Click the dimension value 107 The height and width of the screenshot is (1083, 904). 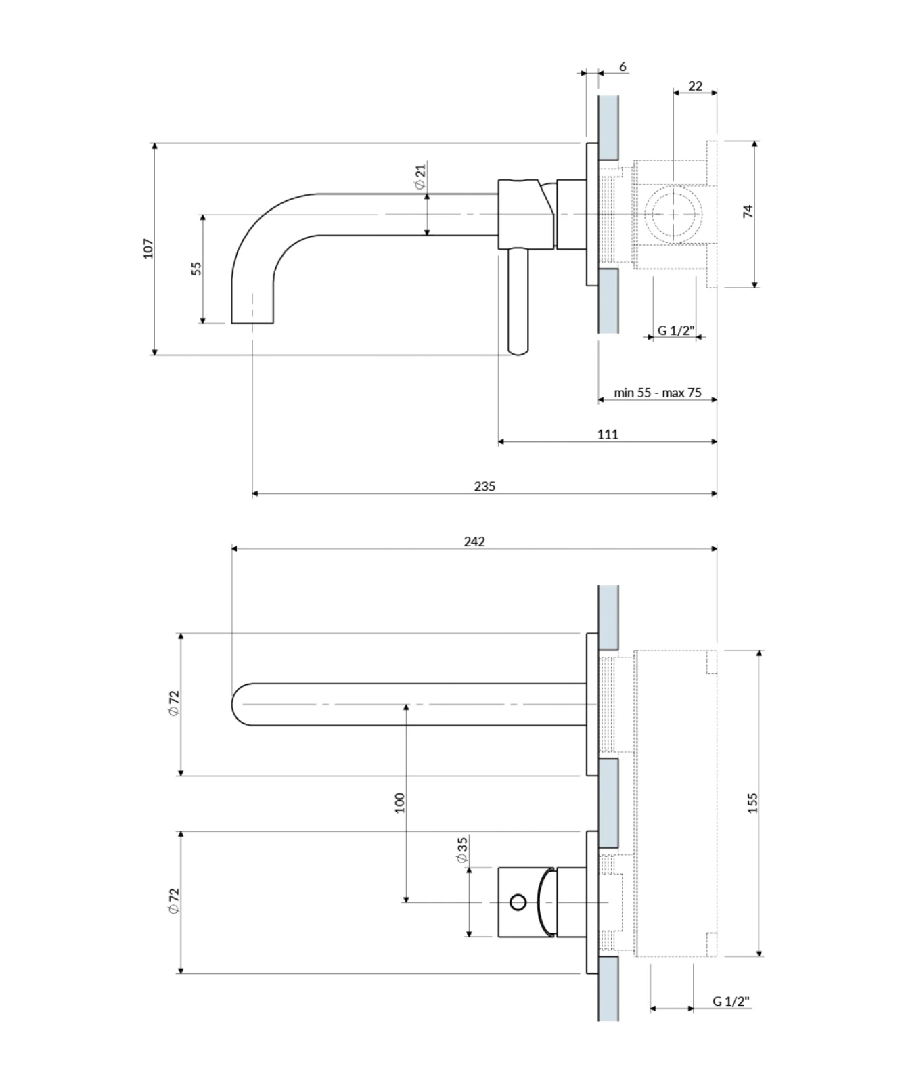click(x=149, y=248)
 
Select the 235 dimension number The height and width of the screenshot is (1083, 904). click(x=484, y=486)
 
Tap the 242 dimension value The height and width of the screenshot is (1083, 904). click(x=474, y=541)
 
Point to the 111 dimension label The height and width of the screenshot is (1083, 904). click(x=608, y=435)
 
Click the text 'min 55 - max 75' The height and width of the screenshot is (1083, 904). click(x=657, y=393)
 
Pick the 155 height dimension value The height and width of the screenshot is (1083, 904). click(x=753, y=803)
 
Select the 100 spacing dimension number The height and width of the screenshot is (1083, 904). click(x=399, y=803)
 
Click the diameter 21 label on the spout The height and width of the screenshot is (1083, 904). click(x=420, y=177)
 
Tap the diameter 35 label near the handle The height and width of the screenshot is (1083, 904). click(x=462, y=849)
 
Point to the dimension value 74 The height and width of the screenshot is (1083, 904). click(x=748, y=211)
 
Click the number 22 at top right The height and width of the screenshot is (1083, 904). click(x=695, y=86)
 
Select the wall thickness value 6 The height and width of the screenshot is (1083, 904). click(x=623, y=67)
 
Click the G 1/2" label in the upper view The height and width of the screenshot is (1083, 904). click(x=676, y=330)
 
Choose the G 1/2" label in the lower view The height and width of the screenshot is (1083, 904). click(x=731, y=1001)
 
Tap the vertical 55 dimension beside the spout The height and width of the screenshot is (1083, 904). click(x=197, y=268)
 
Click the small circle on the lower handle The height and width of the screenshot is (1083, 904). click(x=518, y=902)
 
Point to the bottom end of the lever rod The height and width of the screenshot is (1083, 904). click(x=518, y=350)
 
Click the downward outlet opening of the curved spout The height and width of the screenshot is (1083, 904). click(x=253, y=322)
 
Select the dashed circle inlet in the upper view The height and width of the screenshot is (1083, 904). click(x=674, y=214)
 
